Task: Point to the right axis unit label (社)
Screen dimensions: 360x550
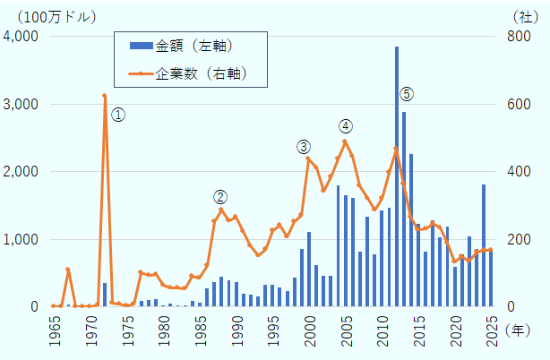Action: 524,16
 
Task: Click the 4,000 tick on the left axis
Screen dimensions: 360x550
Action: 21,36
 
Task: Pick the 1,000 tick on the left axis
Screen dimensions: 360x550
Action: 21,239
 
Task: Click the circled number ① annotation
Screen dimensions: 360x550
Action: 118,115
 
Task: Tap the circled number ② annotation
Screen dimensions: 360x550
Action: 220,197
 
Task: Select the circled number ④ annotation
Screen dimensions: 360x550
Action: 345,125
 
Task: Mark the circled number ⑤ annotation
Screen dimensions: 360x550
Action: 407,94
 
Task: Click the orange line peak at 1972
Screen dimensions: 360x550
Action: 105,96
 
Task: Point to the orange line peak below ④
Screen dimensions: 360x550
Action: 345,141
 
